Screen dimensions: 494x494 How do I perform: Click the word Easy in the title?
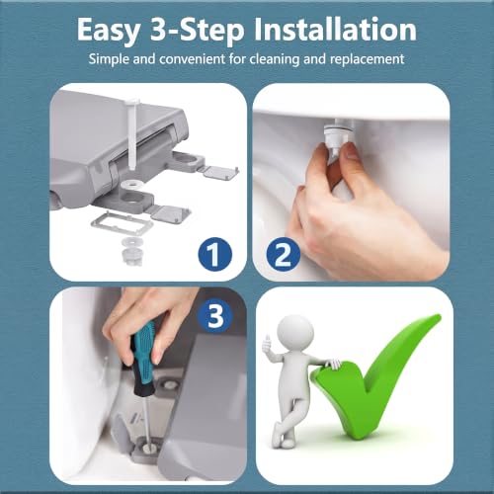[x=109, y=32]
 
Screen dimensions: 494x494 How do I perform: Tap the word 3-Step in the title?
[x=198, y=31]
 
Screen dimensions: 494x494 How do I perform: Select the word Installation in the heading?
[x=335, y=30]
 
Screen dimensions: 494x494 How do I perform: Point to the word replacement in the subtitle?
[x=367, y=59]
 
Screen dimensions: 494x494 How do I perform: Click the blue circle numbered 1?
[x=215, y=254]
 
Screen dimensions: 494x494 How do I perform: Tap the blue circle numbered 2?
[x=284, y=254]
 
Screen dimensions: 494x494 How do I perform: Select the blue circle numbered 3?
[x=215, y=315]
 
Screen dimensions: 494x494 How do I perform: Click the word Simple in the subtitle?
[x=109, y=59]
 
